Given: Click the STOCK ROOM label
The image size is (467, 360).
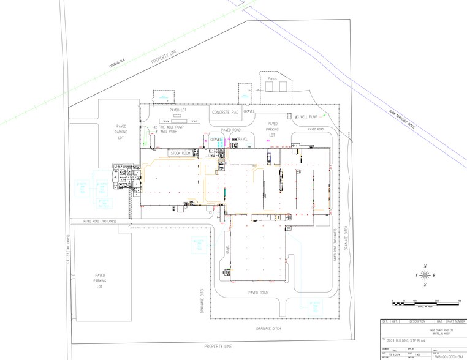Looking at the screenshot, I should click(181, 152).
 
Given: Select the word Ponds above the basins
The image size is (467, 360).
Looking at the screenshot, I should click(273, 78).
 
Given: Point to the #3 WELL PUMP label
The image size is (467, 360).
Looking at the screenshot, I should click(306, 116).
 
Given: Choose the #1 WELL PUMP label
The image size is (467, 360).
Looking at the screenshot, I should click(166, 132).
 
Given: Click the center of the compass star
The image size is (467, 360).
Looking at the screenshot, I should click(425, 276).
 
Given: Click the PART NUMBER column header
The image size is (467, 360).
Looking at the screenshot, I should click(456, 321).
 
